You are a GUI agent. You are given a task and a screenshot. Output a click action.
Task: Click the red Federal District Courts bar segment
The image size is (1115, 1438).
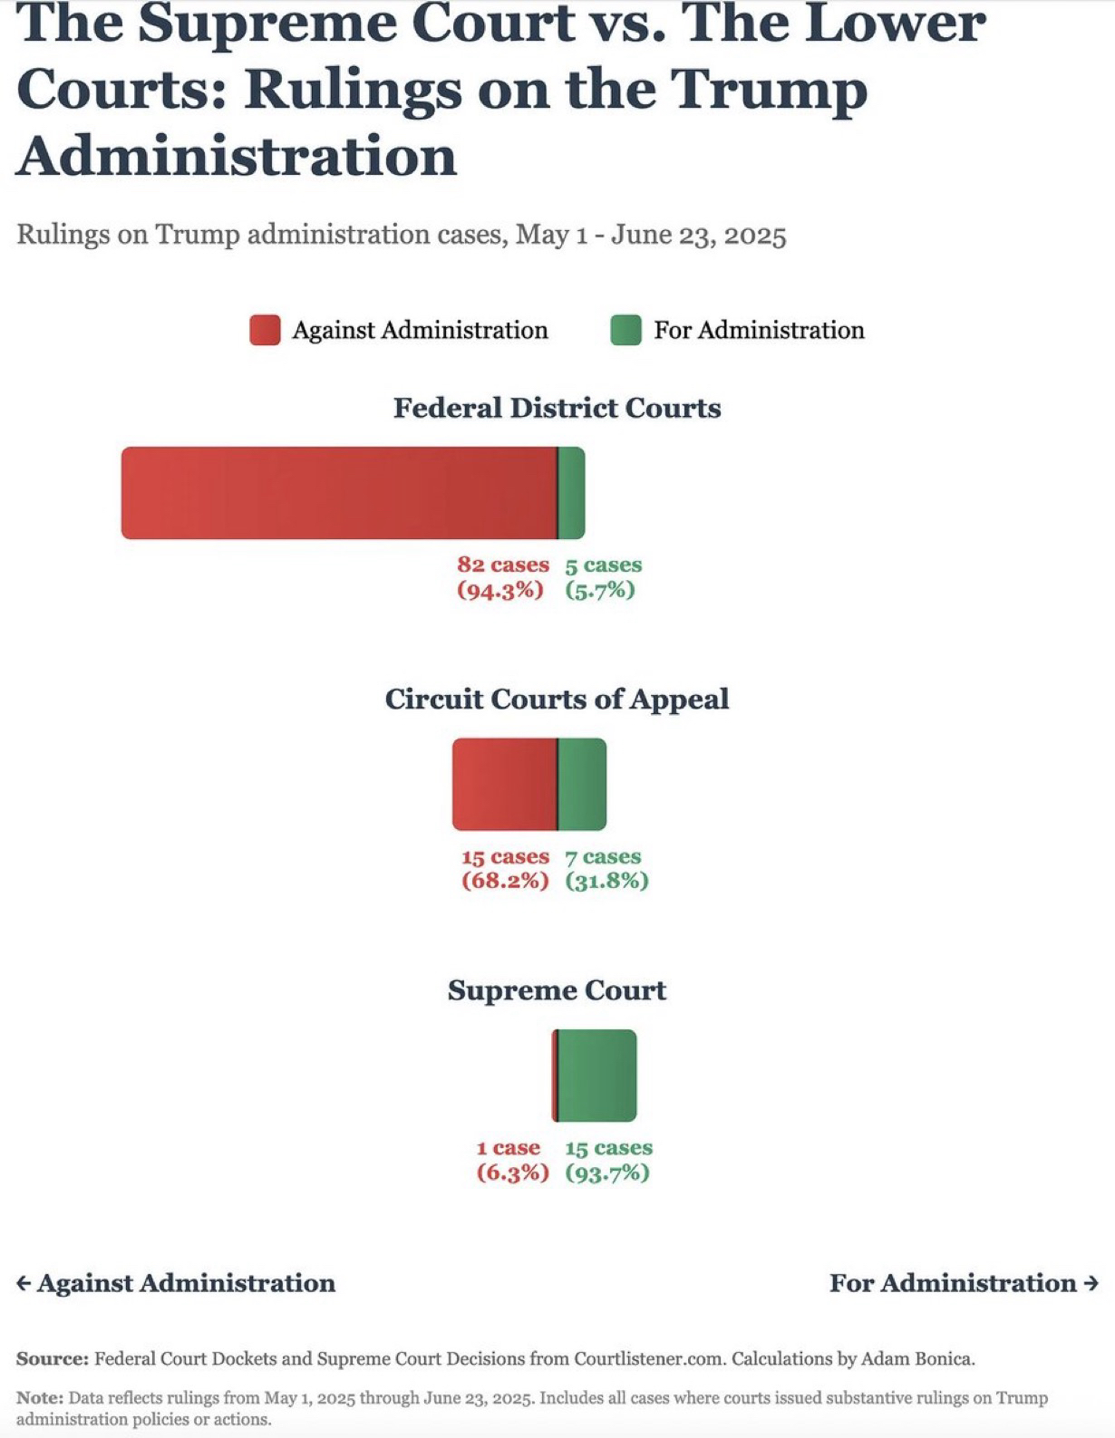(339, 493)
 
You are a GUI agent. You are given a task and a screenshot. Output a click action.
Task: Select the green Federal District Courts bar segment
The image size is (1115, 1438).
(571, 493)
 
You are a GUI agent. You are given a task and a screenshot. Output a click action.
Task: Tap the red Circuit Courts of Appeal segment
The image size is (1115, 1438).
(504, 785)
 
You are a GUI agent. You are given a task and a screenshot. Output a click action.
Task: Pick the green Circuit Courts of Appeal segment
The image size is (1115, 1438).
(582, 785)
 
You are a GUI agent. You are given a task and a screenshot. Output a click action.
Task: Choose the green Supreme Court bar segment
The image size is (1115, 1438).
(597, 1076)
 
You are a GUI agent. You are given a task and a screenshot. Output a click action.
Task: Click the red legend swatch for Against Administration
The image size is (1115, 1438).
(265, 330)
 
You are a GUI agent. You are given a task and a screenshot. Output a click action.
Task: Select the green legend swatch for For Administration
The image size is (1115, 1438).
(625, 330)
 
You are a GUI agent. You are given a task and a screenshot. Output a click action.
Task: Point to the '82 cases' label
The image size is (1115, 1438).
(503, 565)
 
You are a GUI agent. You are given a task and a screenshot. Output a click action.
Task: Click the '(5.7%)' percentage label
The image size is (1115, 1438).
(600, 591)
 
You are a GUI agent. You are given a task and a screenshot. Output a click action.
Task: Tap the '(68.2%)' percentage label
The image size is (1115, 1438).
(505, 882)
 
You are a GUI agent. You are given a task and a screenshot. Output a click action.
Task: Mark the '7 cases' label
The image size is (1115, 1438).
(603, 856)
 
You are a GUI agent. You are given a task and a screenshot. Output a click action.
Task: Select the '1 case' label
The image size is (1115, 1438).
(509, 1148)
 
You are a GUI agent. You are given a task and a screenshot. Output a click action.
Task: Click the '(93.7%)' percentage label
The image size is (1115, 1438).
(607, 1173)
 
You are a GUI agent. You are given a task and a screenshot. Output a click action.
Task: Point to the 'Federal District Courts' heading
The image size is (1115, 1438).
(557, 408)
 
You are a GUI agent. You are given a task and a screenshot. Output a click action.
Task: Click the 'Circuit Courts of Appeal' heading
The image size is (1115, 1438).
(557, 699)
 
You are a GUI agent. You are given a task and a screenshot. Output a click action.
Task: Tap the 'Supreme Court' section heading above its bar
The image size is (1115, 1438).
(557, 989)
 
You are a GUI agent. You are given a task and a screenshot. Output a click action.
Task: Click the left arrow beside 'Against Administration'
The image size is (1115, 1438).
(24, 1283)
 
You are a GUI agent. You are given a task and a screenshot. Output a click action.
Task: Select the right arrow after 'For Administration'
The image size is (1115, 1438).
(1091, 1283)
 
